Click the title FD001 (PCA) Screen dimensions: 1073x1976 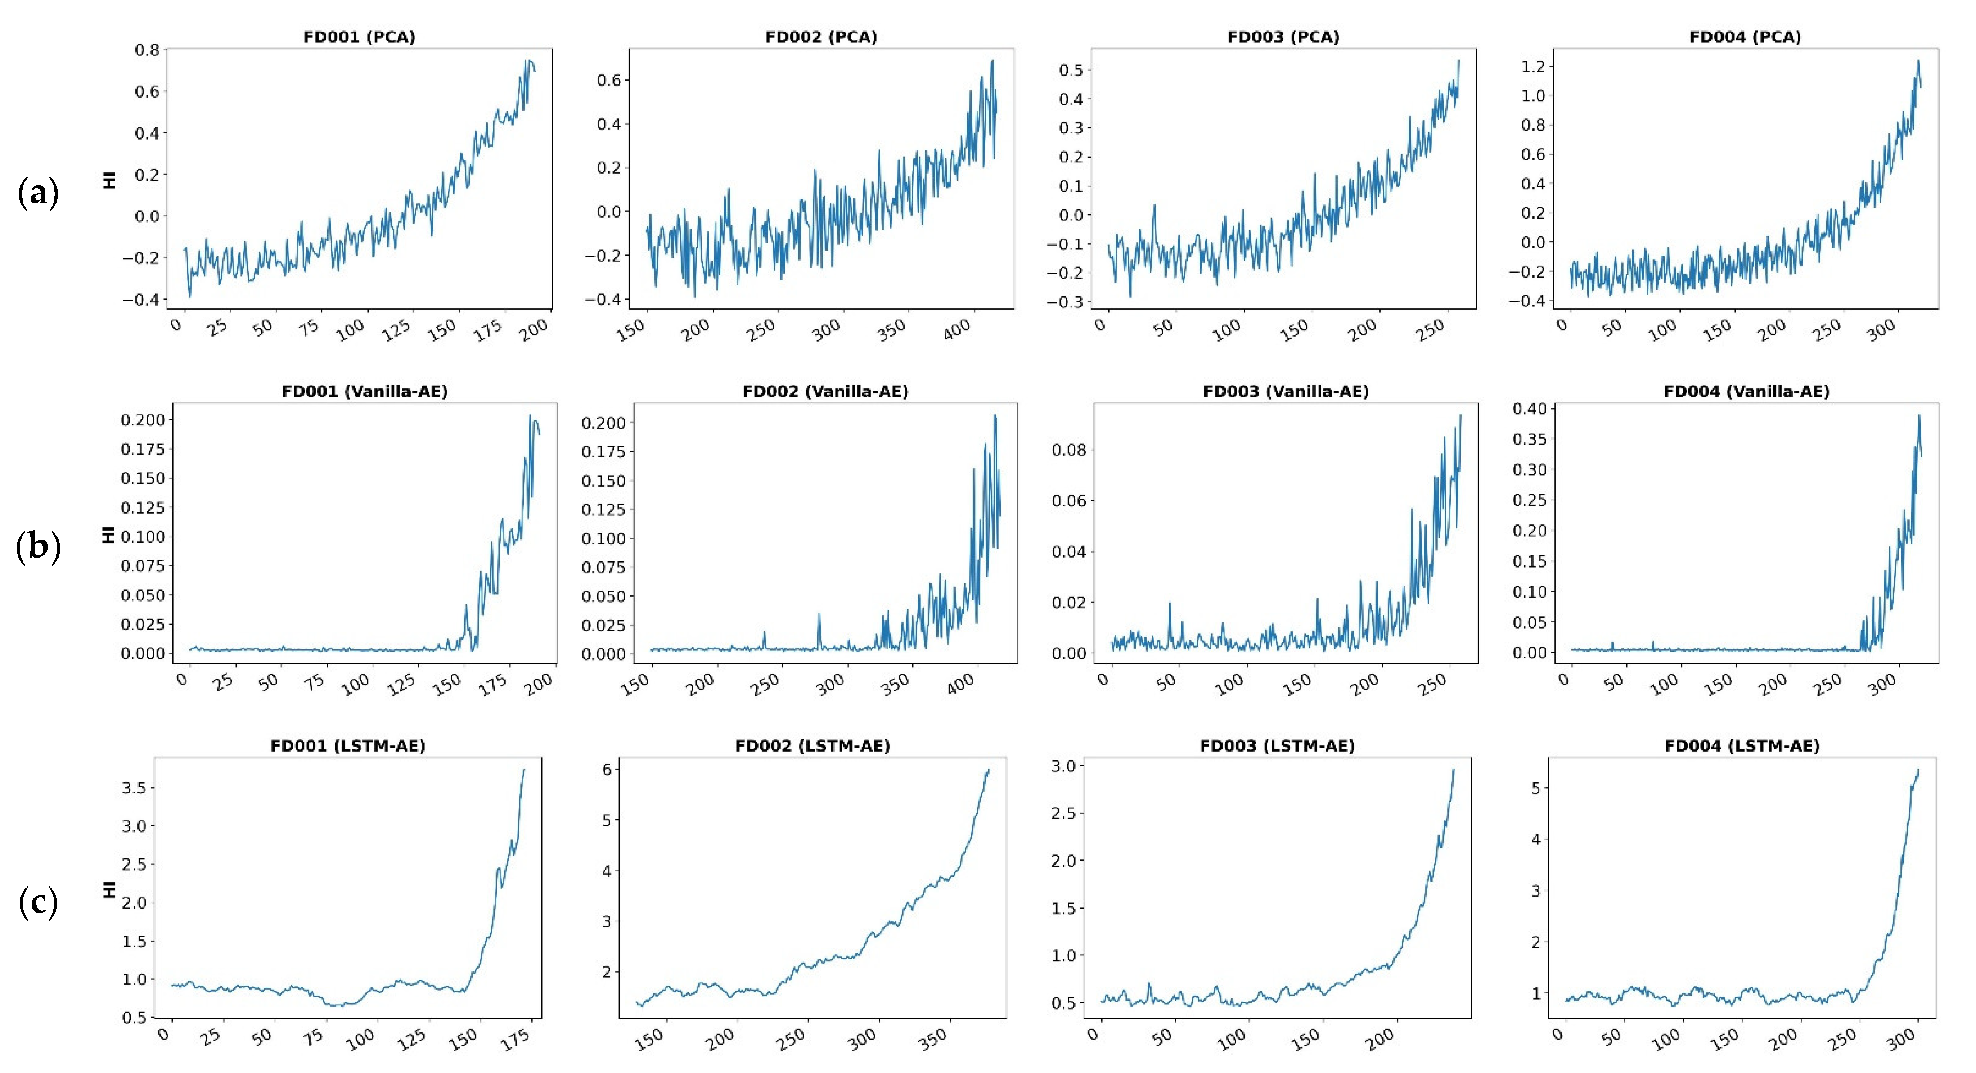coord(359,37)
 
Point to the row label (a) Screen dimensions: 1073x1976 coord(38,193)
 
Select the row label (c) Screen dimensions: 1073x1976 coord(38,902)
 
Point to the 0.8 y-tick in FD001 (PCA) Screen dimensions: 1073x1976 coord(147,50)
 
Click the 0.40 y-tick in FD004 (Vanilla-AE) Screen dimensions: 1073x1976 coord(1529,408)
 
